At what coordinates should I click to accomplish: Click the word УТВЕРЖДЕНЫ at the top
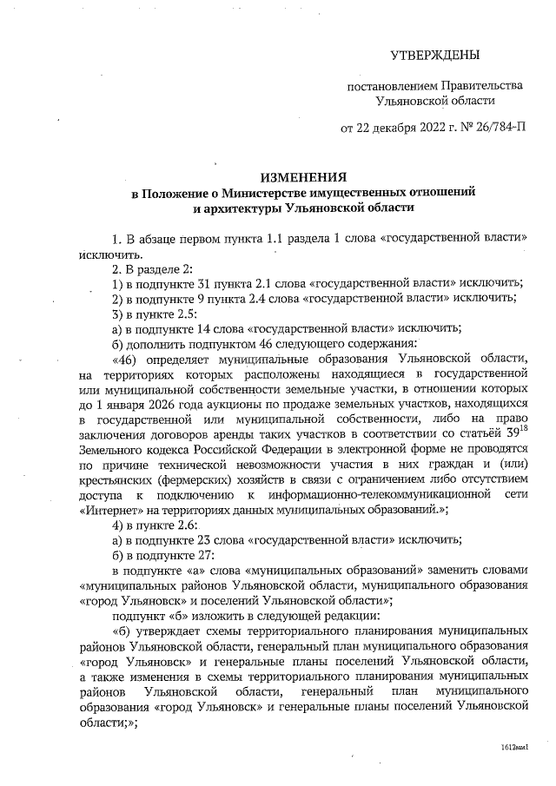436,56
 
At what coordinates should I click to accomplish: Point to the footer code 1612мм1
515,747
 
